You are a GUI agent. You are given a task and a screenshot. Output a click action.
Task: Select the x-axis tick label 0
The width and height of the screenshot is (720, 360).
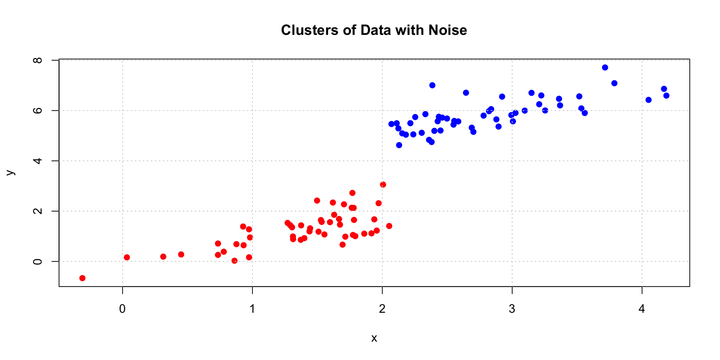122,309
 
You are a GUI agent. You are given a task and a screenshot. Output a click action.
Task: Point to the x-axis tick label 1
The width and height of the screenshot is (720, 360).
252,309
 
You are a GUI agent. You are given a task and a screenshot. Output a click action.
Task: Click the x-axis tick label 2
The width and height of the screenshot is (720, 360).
382,309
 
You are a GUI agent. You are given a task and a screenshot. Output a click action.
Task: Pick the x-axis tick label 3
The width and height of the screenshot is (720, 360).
512,309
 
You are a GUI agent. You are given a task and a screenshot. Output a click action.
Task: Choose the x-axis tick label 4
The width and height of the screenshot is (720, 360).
642,309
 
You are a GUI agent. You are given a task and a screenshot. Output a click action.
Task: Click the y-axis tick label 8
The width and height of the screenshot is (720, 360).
38,60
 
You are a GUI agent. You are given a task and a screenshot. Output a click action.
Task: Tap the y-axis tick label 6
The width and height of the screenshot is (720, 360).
38,111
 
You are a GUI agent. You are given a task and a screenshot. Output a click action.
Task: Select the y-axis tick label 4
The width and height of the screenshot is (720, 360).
38,161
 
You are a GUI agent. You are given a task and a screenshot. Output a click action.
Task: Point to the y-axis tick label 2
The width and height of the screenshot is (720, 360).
38,211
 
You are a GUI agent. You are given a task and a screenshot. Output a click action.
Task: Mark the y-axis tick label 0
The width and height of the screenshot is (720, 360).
38,261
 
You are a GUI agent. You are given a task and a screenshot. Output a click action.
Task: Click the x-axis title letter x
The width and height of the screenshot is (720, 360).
374,339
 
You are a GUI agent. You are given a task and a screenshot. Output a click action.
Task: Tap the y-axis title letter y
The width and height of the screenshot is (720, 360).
10,173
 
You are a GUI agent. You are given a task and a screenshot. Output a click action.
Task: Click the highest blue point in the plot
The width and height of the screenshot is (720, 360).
605,67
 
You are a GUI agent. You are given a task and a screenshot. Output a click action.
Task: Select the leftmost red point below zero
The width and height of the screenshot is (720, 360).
82,278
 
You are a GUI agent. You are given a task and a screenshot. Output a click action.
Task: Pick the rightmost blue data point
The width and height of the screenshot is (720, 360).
666,96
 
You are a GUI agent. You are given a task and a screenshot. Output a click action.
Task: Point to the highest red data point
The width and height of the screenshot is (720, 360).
383,184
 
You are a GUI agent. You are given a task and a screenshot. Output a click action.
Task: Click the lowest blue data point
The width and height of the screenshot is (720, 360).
399,145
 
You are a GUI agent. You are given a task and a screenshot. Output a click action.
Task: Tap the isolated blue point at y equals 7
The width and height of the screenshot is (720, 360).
432,85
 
